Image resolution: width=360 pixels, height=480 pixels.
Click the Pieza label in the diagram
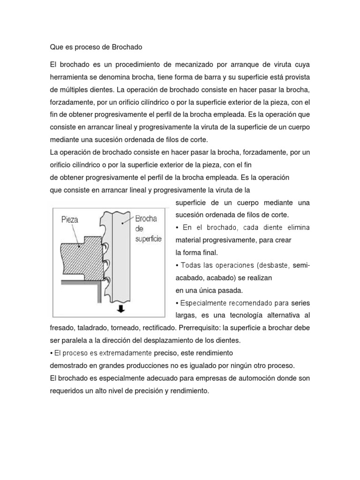tap(70, 219)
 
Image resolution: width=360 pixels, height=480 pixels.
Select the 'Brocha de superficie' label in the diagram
tap(147, 229)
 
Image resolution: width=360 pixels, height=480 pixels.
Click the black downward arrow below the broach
tap(121, 309)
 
